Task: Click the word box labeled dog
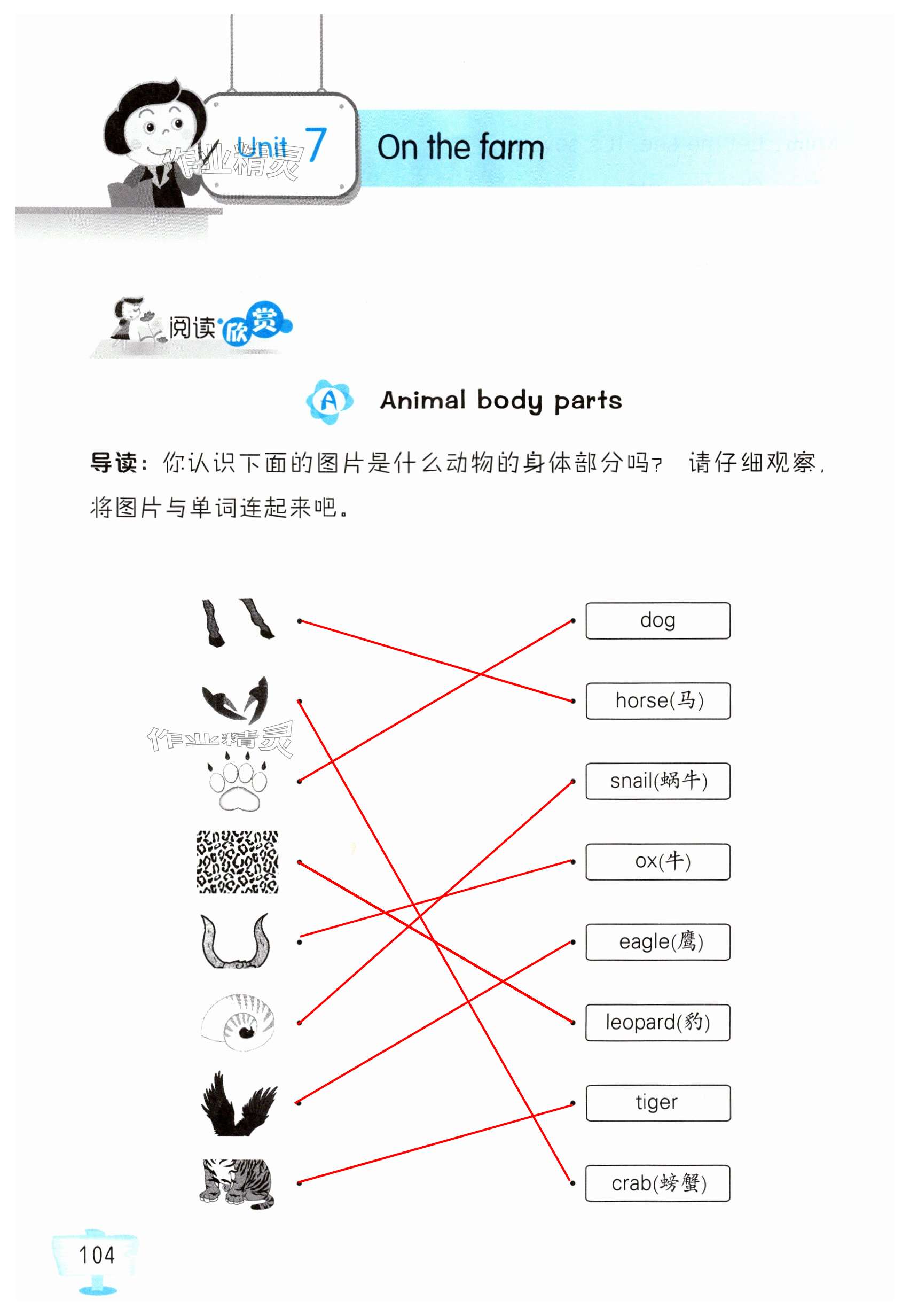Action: click(657, 620)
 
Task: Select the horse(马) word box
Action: click(657, 700)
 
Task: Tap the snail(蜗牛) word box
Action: click(657, 781)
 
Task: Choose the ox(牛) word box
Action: click(657, 861)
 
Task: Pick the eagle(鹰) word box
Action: click(657, 942)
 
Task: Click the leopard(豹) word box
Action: click(657, 1022)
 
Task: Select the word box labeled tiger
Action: click(657, 1103)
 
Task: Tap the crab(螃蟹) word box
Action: click(657, 1183)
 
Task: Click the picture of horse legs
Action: click(237, 622)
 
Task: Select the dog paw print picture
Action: click(238, 782)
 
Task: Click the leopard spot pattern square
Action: click(237, 861)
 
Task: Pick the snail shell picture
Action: click(238, 1022)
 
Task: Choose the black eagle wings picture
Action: click(238, 1104)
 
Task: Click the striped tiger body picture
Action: click(237, 1183)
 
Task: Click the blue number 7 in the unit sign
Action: click(315, 145)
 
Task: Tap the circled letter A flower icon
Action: click(329, 401)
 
